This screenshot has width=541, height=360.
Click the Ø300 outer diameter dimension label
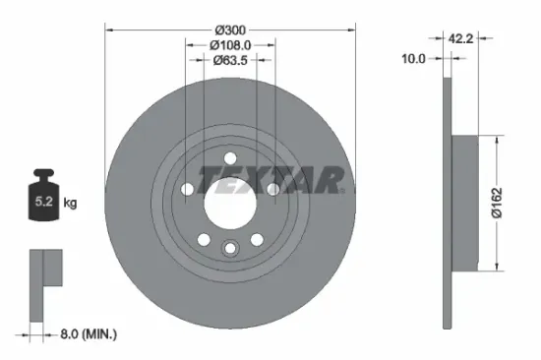pyautogui.click(x=229, y=29)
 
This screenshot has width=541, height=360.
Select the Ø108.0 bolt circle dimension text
pyautogui.click(x=229, y=44)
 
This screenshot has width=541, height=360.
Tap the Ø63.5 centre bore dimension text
pyautogui.click(x=229, y=60)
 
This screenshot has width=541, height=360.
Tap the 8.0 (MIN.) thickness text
pyautogui.click(x=85, y=334)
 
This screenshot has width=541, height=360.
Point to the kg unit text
pyautogui.click(x=70, y=204)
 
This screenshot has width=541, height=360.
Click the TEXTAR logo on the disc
pyautogui.click(x=270, y=179)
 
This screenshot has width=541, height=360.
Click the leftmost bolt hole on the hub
pyautogui.click(x=186, y=189)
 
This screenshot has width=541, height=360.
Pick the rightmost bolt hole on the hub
pyautogui.click(x=272, y=189)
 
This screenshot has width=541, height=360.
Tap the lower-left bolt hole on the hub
pyautogui.click(x=203, y=239)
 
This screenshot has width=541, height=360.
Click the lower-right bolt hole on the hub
pyautogui.click(x=256, y=239)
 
